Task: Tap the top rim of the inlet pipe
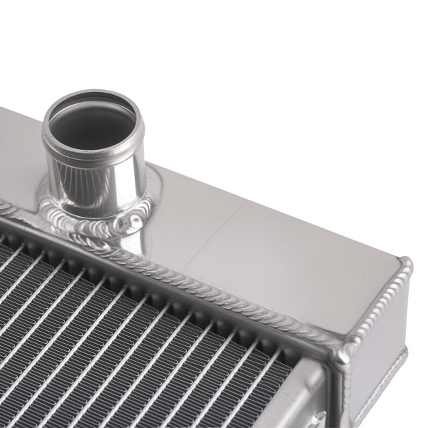pyautogui.click(x=93, y=94)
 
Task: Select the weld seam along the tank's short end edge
pyautogui.click(x=378, y=302)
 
